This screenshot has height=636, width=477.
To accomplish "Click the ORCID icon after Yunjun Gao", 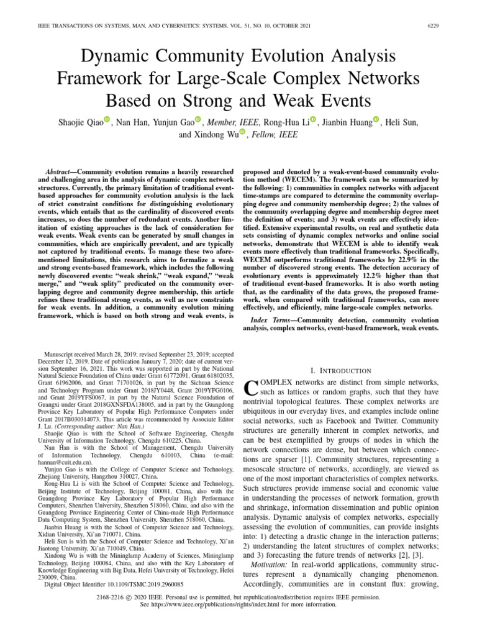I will click(198, 119).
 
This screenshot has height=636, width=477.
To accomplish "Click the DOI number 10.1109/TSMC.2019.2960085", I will click(140, 584).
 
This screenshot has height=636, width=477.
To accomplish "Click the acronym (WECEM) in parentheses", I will click(306, 178).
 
